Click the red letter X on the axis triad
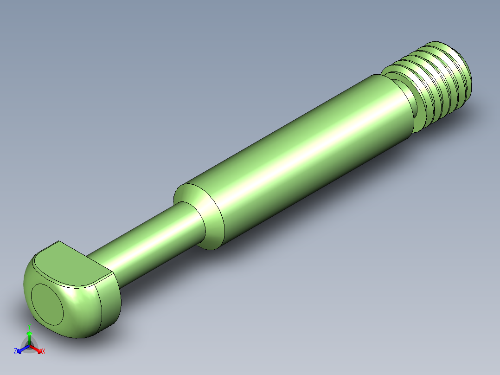point(44,352)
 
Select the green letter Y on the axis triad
point(29,326)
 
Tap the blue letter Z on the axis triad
point(15,351)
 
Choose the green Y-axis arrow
point(29,336)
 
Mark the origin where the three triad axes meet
point(29,346)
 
